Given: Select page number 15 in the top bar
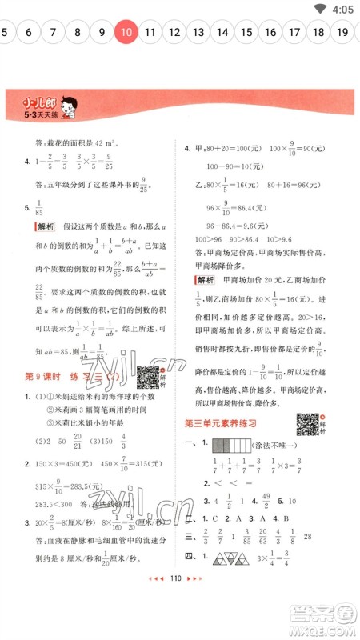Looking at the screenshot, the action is (246, 33).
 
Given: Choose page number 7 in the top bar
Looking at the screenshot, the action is (53, 33).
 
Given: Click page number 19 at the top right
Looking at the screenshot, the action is (342, 33).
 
